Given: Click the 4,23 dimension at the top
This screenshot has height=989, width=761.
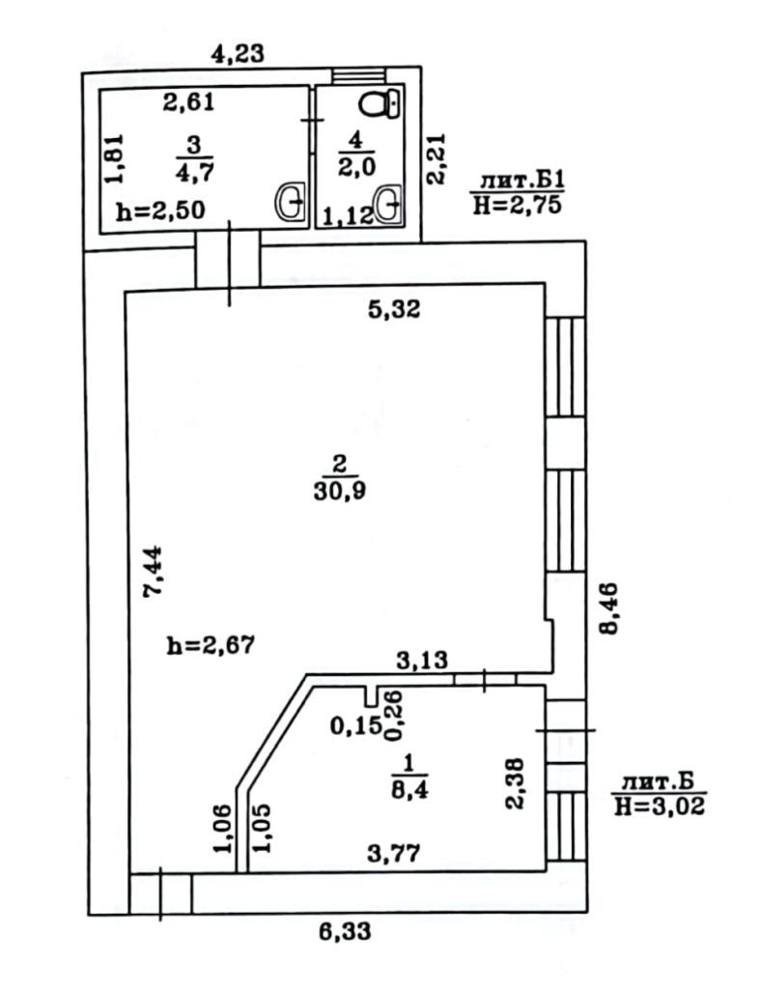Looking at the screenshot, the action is click(237, 54).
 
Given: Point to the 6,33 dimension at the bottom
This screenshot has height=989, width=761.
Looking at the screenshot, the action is click(344, 931).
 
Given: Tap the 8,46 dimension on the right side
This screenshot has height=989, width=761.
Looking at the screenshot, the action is click(609, 608).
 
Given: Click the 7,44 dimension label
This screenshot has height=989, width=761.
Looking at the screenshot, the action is click(154, 572).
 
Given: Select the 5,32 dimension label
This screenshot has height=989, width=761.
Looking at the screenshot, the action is click(394, 309).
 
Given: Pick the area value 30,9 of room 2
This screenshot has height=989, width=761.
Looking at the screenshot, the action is click(340, 491).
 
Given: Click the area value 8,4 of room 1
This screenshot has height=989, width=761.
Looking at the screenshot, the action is click(409, 789).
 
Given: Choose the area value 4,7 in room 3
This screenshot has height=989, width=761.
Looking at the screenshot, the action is click(194, 172).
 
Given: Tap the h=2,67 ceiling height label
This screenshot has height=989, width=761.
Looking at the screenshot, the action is click(211, 644).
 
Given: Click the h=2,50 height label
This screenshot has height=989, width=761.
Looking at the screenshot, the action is click(160, 210).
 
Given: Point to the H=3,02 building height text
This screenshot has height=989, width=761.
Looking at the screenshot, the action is click(660, 805).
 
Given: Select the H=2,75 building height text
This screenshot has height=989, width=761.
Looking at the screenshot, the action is click(517, 205).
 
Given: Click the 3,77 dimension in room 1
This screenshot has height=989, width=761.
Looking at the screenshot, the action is click(394, 854).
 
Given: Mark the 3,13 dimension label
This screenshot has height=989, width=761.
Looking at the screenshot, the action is click(422, 660).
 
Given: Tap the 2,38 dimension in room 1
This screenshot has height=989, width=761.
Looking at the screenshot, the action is click(516, 782).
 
